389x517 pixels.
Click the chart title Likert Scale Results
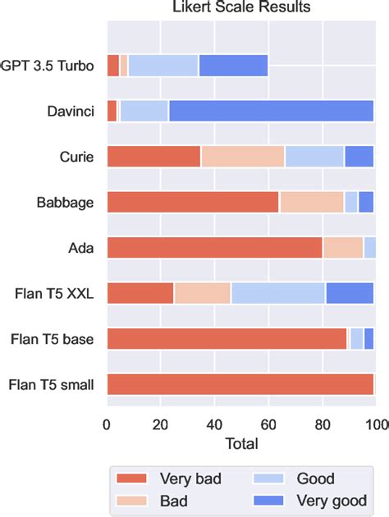point(242,9)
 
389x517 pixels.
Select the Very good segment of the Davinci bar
point(271,111)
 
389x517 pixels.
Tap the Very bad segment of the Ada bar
point(214,247)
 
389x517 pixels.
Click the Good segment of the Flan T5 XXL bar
point(278,293)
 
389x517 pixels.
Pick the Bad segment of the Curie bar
point(243,156)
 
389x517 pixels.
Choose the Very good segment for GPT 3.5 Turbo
point(233,66)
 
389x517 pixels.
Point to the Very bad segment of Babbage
point(193,202)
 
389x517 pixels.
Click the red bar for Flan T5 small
point(240,383)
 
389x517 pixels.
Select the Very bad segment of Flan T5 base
point(227,338)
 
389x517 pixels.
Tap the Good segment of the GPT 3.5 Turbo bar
point(163,66)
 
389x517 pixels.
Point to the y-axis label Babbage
point(67,202)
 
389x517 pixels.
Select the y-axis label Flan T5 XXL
point(57,293)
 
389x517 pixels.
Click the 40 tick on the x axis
point(214,424)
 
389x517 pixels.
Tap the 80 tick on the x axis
point(322,424)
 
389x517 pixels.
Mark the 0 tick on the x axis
point(107,424)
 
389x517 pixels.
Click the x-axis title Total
point(242,444)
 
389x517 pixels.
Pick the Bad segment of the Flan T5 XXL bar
point(202,293)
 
